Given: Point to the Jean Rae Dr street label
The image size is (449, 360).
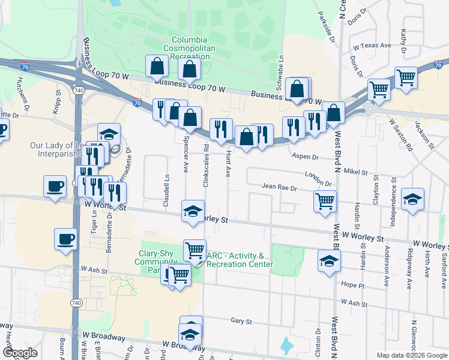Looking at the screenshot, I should pyautogui.click(x=279, y=187).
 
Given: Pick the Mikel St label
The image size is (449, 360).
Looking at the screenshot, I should pyautogui.click(x=355, y=172).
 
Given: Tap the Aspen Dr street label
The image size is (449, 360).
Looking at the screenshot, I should pyautogui.click(x=305, y=157).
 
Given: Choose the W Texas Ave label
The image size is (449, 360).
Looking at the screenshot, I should pyautogui.click(x=372, y=46).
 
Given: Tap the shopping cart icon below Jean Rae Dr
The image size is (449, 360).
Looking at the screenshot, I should pyautogui.click(x=325, y=201).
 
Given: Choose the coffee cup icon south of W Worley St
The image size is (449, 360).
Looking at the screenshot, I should pyautogui.click(x=65, y=238).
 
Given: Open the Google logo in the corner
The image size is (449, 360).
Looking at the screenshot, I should pyautogui.click(x=20, y=353).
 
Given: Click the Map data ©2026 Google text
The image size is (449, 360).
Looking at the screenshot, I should pyautogui.click(x=412, y=355).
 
